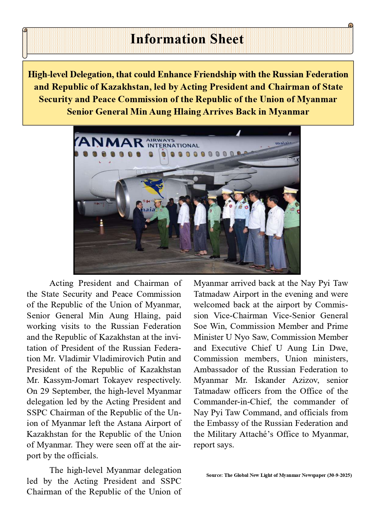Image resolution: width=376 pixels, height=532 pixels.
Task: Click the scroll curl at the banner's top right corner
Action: pyautogui.click(x=351, y=25)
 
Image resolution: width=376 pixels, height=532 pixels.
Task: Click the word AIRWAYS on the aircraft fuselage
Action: pyautogui.click(x=160, y=140)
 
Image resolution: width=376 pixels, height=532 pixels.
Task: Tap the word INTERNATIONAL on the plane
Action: pyautogui.click(x=173, y=146)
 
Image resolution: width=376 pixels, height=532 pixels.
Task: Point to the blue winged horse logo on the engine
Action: pyautogui.click(x=153, y=187)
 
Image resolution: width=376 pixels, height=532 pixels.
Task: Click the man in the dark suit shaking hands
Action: pyautogui.click(x=139, y=224)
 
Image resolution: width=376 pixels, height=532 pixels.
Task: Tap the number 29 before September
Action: pyautogui.click(x=45, y=391)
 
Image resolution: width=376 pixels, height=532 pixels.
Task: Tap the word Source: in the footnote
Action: pyautogui.click(x=214, y=475)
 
